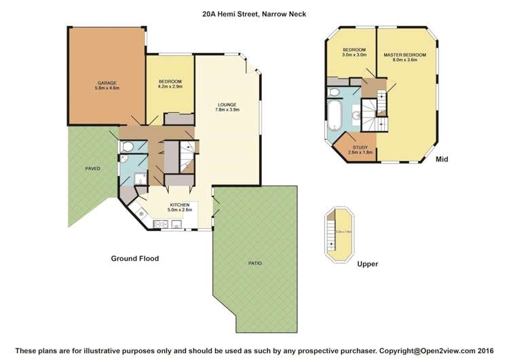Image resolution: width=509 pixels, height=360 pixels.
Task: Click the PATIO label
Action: click(254, 263)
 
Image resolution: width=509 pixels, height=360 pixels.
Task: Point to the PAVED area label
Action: click(92, 168)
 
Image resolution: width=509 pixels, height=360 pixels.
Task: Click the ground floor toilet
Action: click(127, 146)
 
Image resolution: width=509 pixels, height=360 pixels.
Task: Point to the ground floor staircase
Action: click(186, 159)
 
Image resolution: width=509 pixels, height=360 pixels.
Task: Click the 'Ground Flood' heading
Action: click(134, 259)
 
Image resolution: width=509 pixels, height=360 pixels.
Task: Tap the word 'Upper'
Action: click(367, 264)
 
